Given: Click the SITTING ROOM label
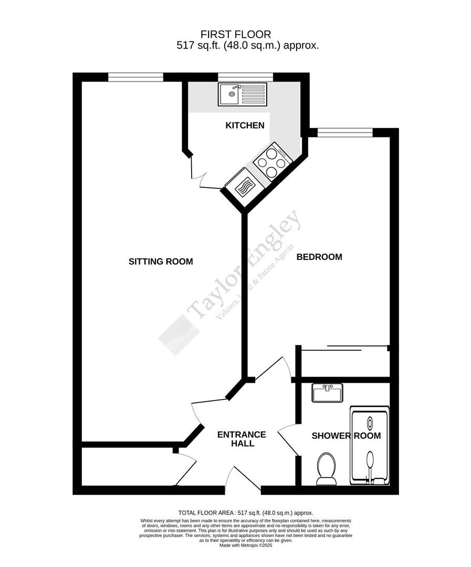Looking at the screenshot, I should click(x=161, y=261).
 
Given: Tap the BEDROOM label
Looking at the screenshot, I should click(x=319, y=257).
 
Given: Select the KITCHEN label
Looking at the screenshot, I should click(x=245, y=125).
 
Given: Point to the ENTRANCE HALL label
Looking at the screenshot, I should click(x=242, y=439).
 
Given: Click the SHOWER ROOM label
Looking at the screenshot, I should click(x=346, y=436).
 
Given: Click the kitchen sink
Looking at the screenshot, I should click(x=243, y=94).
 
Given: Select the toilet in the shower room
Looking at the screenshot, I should click(x=327, y=468).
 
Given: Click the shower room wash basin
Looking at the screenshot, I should click(x=327, y=393).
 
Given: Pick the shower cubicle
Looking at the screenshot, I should click(x=370, y=447).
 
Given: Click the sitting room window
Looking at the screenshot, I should click(x=135, y=77).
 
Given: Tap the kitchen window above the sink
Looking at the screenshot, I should click(x=245, y=77).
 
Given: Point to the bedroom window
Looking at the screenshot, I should click(x=345, y=132).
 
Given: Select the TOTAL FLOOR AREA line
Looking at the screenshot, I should click(x=245, y=513).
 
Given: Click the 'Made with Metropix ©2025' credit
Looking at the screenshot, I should click(x=245, y=545).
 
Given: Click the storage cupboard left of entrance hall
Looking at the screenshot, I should click(x=128, y=467).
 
